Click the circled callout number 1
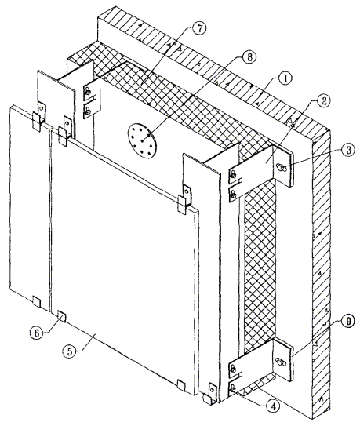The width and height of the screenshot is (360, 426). pyautogui.click(x=284, y=78)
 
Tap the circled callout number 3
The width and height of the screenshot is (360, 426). pyautogui.click(x=347, y=150)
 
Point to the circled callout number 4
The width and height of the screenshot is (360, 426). pyautogui.click(x=273, y=406)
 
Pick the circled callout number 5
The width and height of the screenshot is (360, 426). pyautogui.click(x=70, y=351)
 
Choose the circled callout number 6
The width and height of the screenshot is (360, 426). pyautogui.click(x=37, y=333)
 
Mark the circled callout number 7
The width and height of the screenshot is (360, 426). pyautogui.click(x=199, y=28)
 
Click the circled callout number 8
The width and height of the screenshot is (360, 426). pyautogui.click(x=249, y=57)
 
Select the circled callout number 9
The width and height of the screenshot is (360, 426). pyautogui.click(x=347, y=321)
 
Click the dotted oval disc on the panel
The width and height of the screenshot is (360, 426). pyautogui.click(x=142, y=140)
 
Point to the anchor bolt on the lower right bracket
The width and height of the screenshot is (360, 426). pyautogui.click(x=281, y=362)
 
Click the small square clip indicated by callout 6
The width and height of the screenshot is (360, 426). pyautogui.click(x=62, y=316)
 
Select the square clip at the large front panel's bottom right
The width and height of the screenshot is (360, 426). pyautogui.click(x=181, y=385)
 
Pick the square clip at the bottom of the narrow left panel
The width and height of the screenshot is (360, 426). pyautogui.click(x=36, y=301)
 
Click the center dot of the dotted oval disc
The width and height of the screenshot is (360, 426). pyautogui.click(x=143, y=140)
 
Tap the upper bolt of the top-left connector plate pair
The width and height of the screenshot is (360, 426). pyautogui.click(x=88, y=92)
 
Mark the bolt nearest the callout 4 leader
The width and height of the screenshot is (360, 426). pyautogui.click(x=233, y=390)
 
